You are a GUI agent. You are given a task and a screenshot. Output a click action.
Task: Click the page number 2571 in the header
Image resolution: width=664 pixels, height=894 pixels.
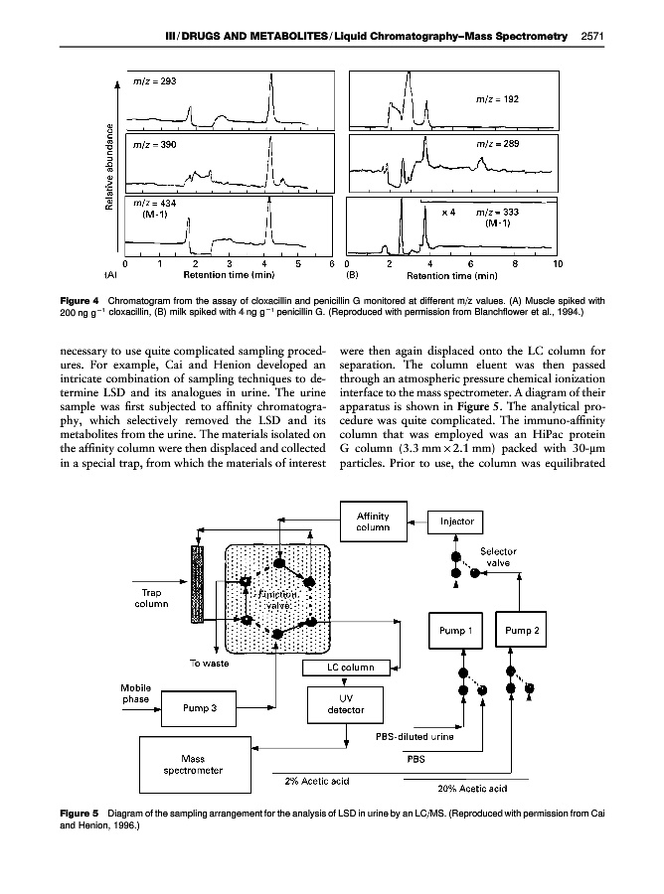[592, 38]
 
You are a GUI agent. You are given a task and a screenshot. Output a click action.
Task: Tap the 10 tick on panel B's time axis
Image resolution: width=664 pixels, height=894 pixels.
[558, 263]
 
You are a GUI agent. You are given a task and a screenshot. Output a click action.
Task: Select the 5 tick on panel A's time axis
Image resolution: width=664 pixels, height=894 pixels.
[299, 263]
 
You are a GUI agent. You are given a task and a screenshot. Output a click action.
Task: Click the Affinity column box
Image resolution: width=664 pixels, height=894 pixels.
[364, 521]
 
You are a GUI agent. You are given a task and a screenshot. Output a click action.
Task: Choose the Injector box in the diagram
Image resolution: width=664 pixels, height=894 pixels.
[455, 521]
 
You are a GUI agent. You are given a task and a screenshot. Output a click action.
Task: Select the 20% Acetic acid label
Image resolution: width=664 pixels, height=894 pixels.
[473, 789]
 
